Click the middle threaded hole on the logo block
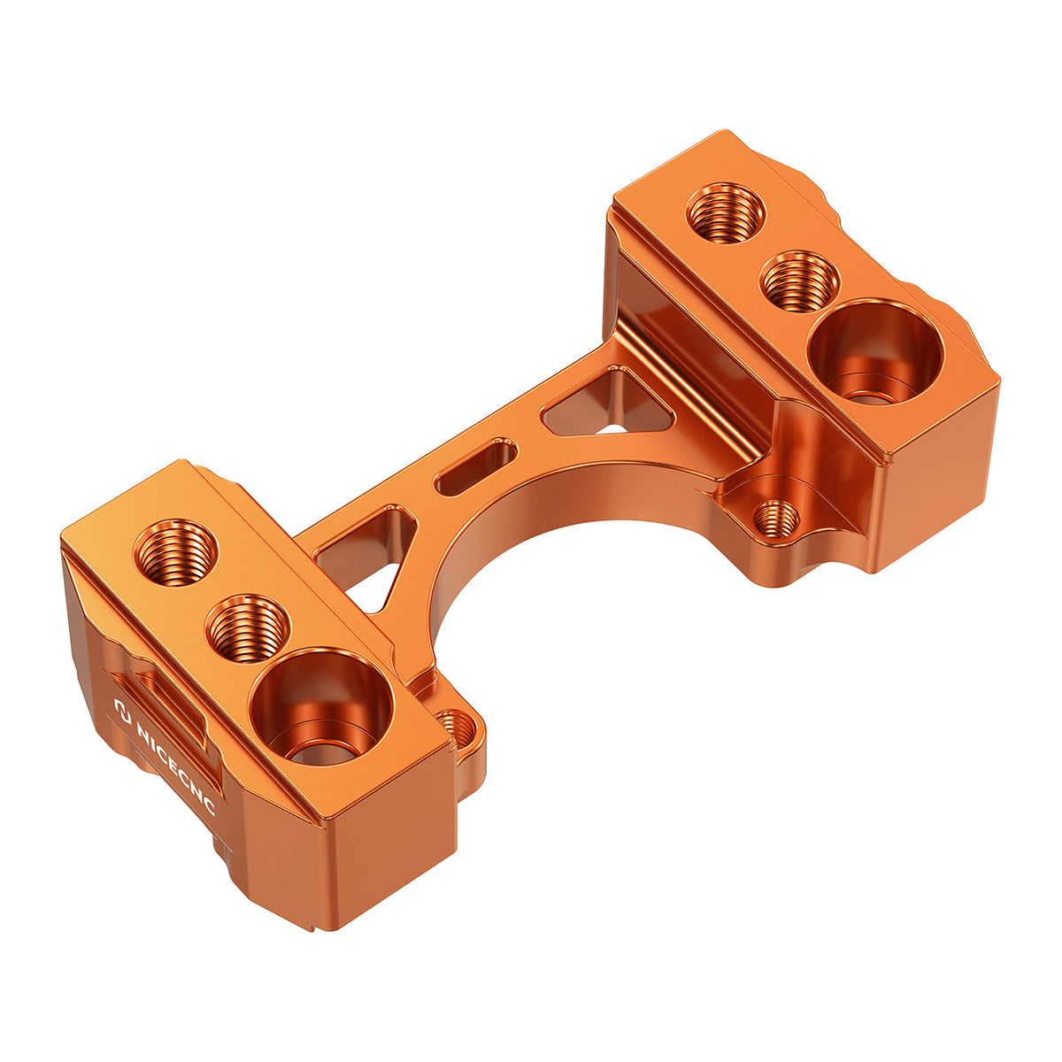pyautogui.click(x=248, y=627)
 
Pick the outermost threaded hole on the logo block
pyautogui.click(x=176, y=552)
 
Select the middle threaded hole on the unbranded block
pyautogui.click(x=799, y=280)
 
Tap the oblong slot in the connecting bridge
pyautogui.click(x=476, y=467)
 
